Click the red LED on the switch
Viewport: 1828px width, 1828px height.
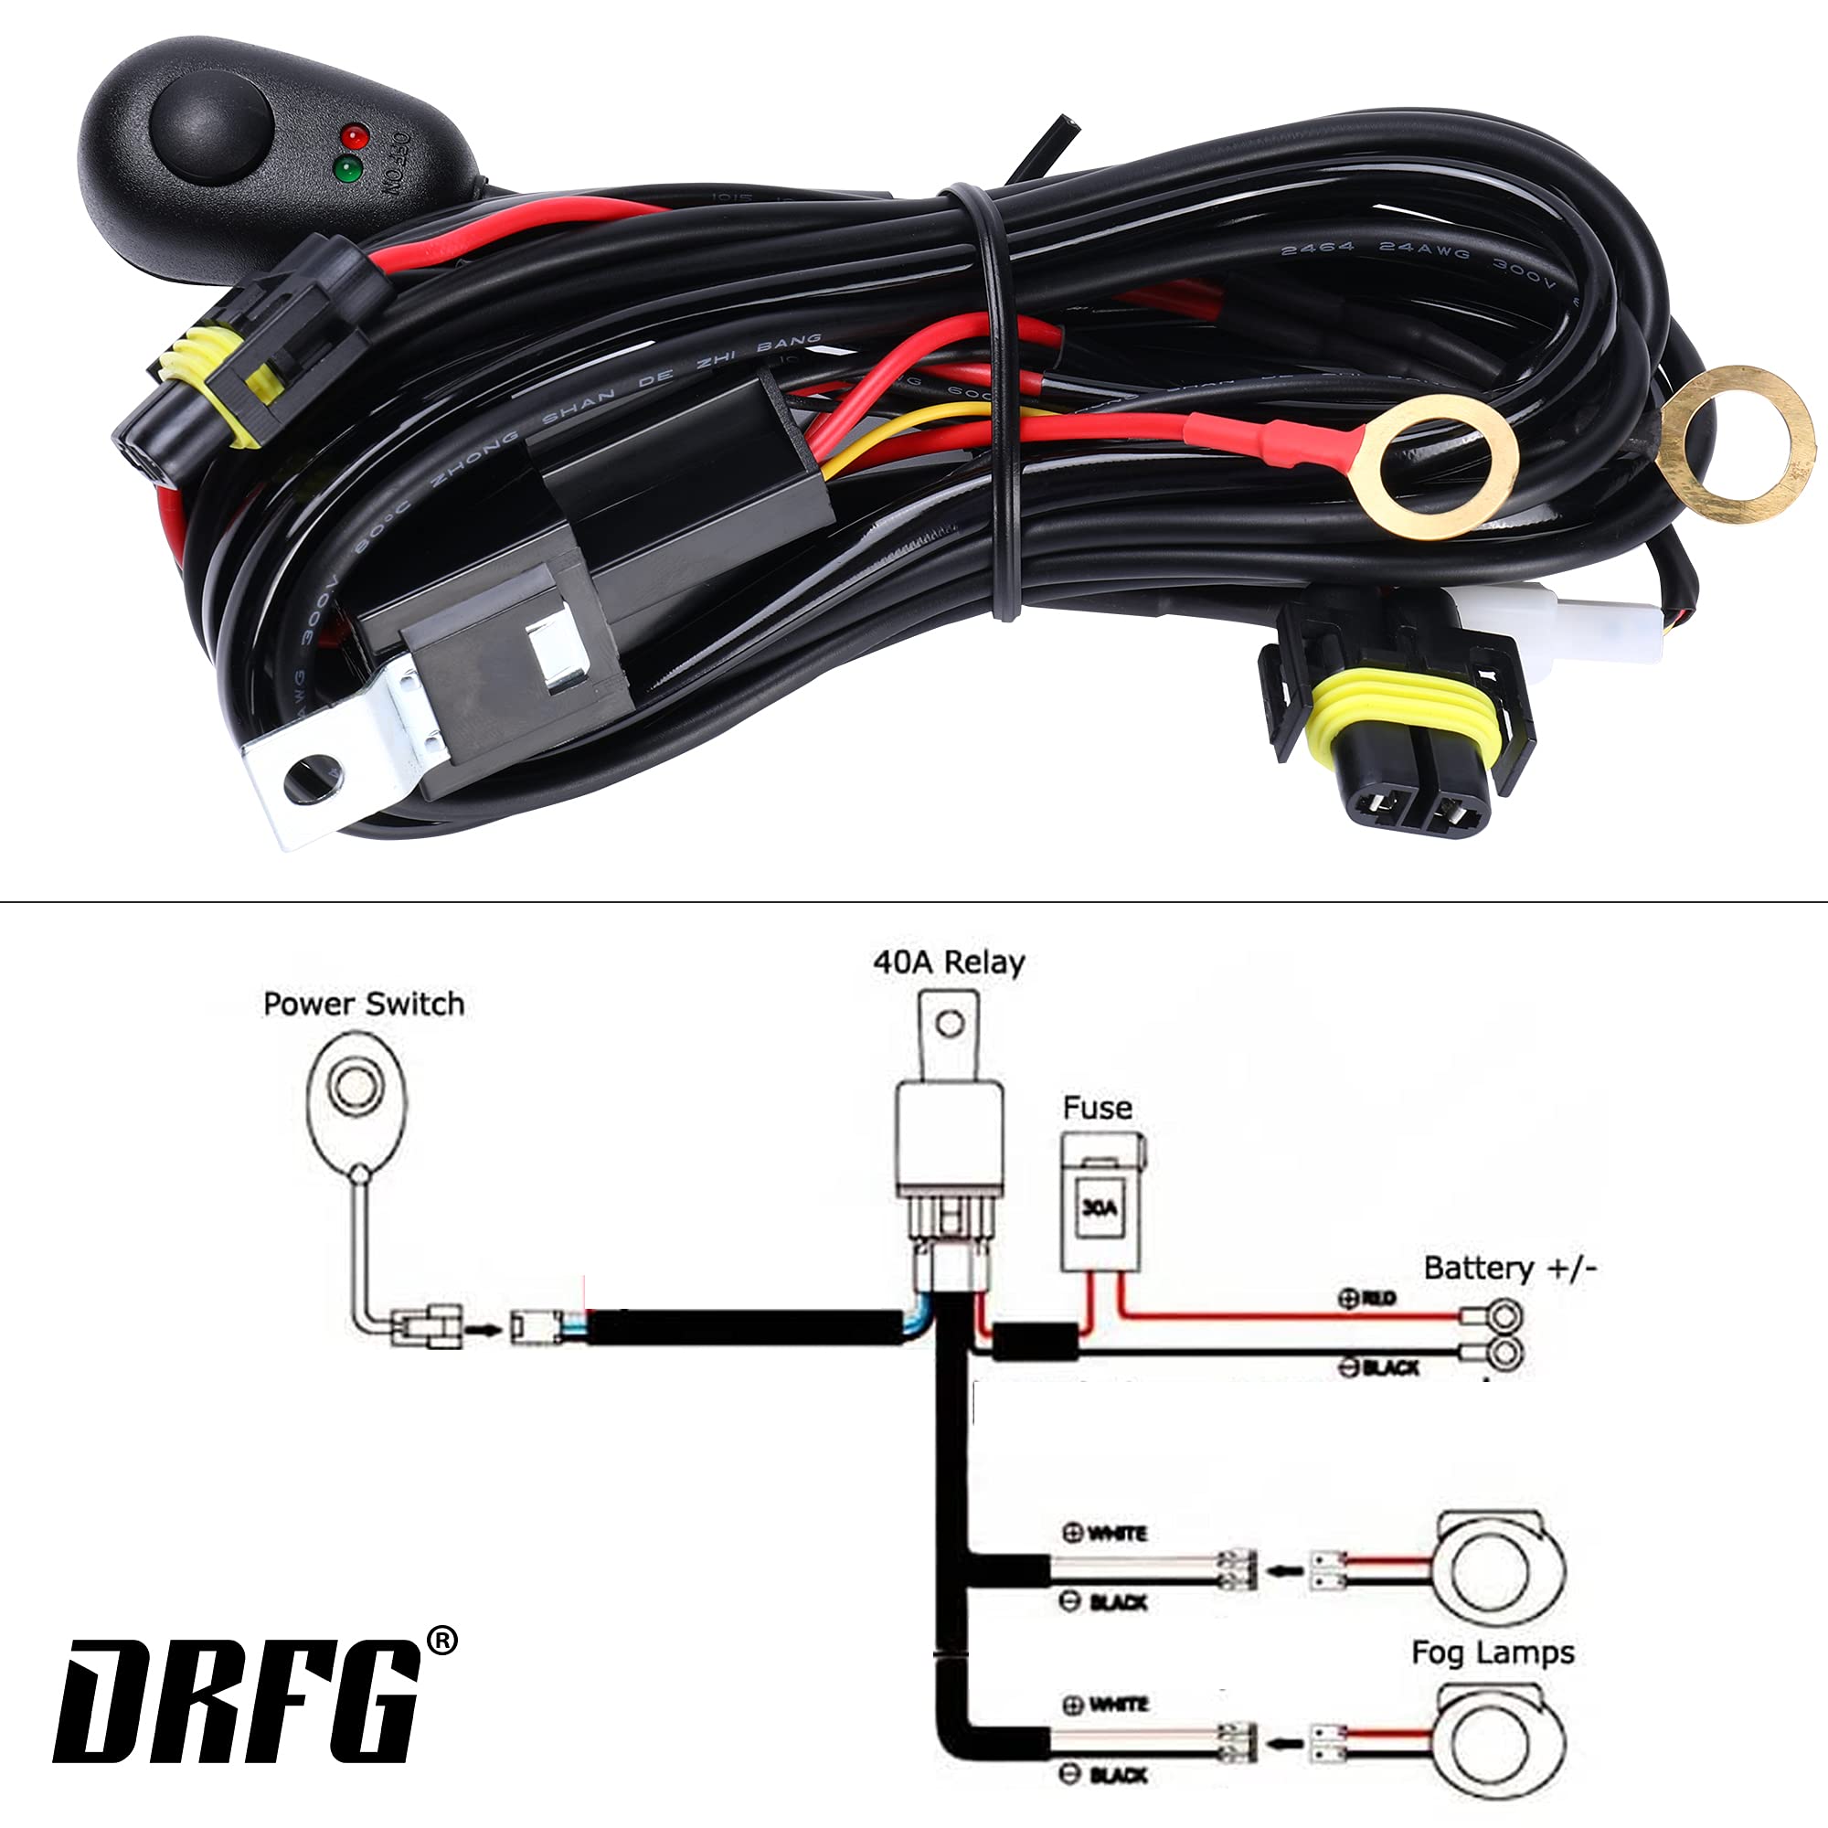coord(355,135)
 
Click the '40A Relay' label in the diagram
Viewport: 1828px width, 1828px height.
coord(948,963)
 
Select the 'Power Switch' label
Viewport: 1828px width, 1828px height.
coord(364,1004)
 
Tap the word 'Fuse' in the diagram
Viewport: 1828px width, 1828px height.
coord(1097,1108)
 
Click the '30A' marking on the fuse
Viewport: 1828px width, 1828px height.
coord(1099,1207)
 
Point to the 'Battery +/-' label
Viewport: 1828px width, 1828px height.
coord(1510,1268)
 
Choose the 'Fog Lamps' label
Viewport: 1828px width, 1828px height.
coord(1493,1653)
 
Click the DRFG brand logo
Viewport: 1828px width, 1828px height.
coord(237,1703)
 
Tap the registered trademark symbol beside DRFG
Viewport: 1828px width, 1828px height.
coord(441,1642)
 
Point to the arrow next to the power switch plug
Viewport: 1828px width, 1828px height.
coord(485,1330)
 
